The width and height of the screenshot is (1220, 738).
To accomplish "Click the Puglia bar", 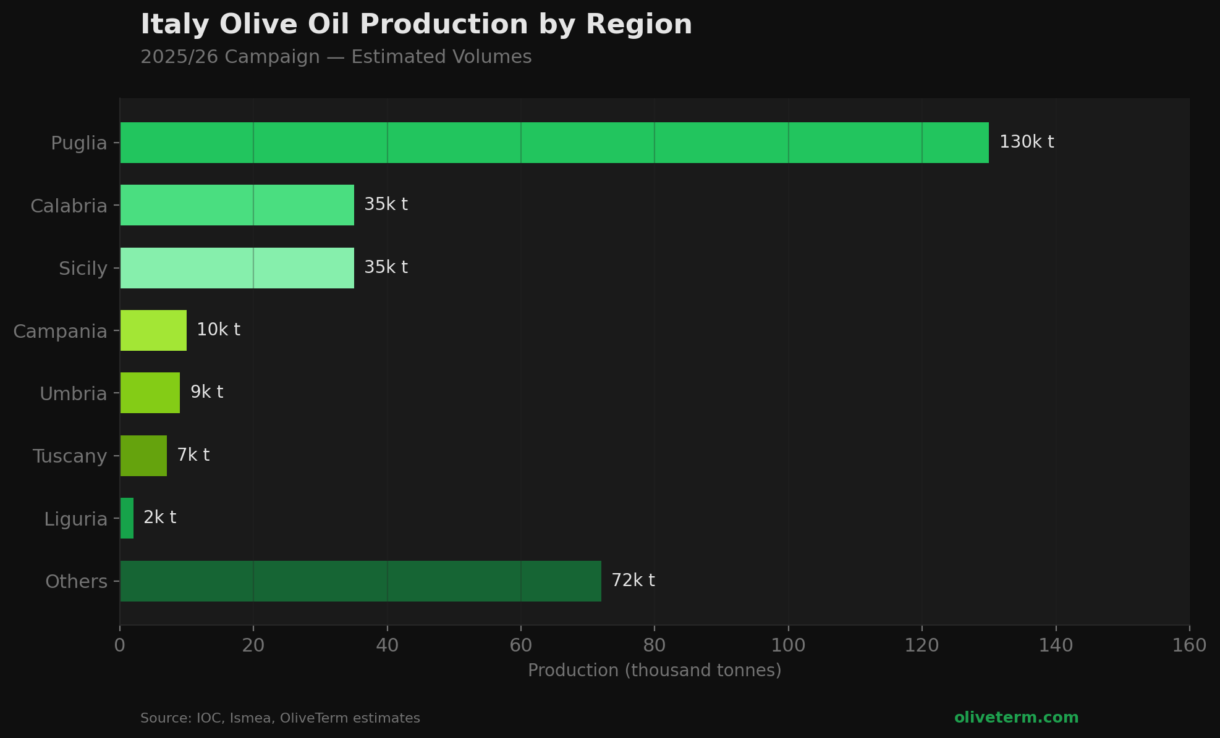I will (x=554, y=143).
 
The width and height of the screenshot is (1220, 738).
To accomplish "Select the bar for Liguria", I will (x=127, y=518).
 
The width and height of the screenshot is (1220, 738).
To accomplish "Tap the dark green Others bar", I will (x=360, y=581).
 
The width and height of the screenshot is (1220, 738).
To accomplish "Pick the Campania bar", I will (x=153, y=330).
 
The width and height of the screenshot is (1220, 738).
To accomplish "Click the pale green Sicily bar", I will (x=237, y=268).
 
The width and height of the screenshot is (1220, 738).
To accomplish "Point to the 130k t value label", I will (x=1026, y=142).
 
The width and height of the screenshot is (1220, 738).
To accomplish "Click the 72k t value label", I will (x=633, y=581).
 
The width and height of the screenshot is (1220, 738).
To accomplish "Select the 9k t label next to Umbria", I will (x=206, y=392).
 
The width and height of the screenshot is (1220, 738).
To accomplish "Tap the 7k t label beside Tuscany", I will (x=193, y=455).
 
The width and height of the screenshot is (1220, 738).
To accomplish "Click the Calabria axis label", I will (x=69, y=206).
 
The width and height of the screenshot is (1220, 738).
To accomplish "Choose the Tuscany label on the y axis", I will (x=70, y=456).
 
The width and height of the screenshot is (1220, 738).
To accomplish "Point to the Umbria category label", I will (x=73, y=393).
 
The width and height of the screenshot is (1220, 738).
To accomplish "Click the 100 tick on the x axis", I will (x=788, y=645).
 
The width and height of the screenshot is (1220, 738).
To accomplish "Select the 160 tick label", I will (x=1189, y=645).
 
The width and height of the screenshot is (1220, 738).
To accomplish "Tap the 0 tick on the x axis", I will (x=120, y=645).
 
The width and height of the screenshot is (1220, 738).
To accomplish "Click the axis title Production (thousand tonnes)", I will (x=654, y=670).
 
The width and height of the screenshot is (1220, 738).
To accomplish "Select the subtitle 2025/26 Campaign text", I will (x=230, y=57).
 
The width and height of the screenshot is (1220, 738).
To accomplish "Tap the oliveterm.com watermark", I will (x=1016, y=718).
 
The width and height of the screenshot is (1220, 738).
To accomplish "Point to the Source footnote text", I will (x=280, y=718).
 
